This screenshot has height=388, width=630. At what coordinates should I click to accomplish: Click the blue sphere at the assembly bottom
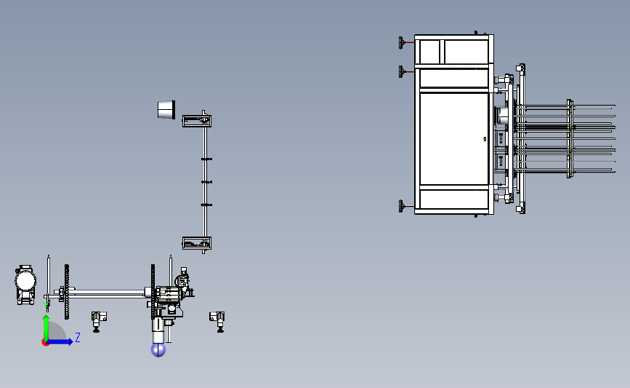click(158, 350)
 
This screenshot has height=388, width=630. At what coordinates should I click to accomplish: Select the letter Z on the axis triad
click(77, 337)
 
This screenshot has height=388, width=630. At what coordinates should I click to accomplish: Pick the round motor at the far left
click(25, 280)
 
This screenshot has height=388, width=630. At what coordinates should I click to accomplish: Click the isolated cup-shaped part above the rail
click(167, 109)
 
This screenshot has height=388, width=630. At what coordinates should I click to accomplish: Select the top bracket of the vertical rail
click(196, 120)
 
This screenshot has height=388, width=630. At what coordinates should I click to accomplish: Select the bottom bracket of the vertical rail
click(196, 243)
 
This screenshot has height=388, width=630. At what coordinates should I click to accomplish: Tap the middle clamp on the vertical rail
click(206, 182)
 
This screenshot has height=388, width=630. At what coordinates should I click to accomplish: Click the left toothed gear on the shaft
click(67, 291)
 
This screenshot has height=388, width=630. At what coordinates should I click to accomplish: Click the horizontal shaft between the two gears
click(109, 293)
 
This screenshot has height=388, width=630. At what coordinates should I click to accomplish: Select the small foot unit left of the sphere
click(98, 317)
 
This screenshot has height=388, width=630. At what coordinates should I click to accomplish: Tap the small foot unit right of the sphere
click(217, 317)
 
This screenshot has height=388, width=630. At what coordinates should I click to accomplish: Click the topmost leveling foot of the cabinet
click(401, 43)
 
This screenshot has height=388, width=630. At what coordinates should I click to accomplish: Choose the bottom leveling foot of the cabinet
click(401, 207)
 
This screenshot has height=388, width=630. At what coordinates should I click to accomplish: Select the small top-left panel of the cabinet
click(428, 52)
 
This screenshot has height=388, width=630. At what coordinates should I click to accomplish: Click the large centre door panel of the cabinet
click(452, 138)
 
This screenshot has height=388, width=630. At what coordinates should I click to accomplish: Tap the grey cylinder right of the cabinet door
click(502, 116)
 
